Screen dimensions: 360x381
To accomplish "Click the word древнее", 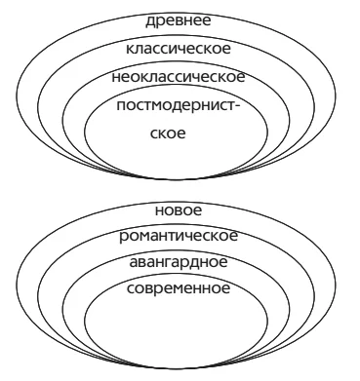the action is pyautogui.click(x=179, y=21).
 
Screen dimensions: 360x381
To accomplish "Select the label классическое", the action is pyautogui.click(x=179, y=49).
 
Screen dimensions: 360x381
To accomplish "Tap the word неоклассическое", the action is pyautogui.click(x=179, y=77).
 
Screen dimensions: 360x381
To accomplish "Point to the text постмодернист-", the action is pyautogui.click(x=179, y=106).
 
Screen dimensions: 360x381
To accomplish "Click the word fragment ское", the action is pyautogui.click(x=168, y=133).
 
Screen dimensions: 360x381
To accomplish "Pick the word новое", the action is pyautogui.click(x=179, y=210).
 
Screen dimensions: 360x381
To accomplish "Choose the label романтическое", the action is pyautogui.click(x=179, y=237).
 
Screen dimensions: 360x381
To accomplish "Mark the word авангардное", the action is pyautogui.click(x=179, y=262).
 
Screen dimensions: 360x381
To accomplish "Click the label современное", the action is pyautogui.click(x=179, y=288).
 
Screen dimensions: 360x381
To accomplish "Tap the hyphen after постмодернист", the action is pyautogui.click(x=237, y=106).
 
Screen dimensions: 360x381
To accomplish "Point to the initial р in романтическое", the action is pyautogui.click(x=123, y=238).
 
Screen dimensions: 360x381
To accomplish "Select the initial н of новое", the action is pyautogui.click(x=159, y=210).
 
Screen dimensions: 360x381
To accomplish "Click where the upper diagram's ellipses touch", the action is pyautogui.click(x=177, y=179).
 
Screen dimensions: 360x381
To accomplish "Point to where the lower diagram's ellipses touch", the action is pyautogui.click(x=177, y=368).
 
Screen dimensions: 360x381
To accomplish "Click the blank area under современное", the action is pyautogui.click(x=177, y=328).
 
